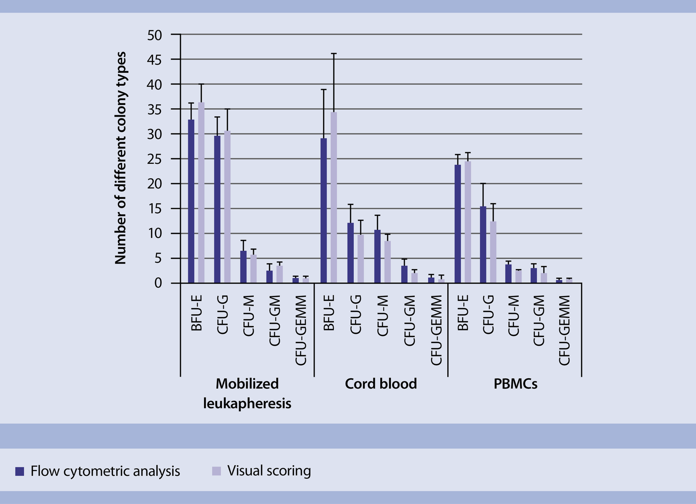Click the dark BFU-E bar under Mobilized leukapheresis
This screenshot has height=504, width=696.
point(191,202)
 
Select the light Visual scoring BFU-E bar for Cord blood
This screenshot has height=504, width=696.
point(333,198)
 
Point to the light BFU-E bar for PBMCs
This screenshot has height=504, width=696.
point(468,222)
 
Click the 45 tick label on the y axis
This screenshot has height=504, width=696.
point(154,60)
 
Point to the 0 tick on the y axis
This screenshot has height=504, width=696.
point(158,283)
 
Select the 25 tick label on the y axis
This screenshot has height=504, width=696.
point(154,159)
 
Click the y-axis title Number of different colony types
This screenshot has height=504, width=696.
point(121,158)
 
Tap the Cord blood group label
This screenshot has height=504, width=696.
point(381,384)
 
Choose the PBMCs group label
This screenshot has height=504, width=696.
point(515,384)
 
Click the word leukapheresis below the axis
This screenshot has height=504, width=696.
point(247,403)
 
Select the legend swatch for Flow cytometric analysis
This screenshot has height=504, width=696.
point(20,471)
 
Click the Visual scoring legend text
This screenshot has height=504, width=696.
point(269,471)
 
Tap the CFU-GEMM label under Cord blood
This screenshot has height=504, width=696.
point(437,330)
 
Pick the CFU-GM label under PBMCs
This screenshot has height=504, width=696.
point(539,321)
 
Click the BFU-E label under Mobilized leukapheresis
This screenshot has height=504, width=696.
point(196,313)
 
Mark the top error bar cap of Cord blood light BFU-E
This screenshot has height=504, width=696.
point(333,53)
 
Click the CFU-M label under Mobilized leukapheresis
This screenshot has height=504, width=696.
point(248,316)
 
